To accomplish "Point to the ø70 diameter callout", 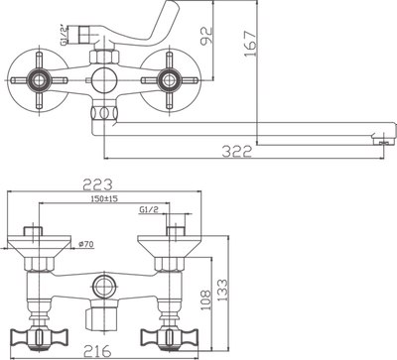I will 84,243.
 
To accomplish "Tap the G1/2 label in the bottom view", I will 152,209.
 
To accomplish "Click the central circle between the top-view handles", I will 101,79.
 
